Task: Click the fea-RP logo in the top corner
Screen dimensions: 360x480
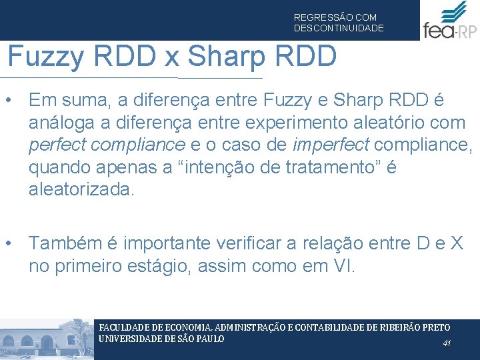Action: [449, 21]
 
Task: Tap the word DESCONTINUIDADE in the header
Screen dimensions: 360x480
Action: [339, 28]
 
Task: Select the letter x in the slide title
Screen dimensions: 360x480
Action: [173, 57]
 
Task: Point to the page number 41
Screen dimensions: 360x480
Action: [447, 343]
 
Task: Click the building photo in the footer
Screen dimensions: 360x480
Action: [47, 340]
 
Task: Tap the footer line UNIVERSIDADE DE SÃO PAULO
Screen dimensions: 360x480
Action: [161, 338]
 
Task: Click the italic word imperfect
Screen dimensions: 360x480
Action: [321, 145]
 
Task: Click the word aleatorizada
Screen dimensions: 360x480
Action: [81, 189]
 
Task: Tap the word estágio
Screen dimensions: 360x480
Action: [151, 266]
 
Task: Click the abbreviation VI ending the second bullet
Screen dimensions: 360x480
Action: [344, 266]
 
